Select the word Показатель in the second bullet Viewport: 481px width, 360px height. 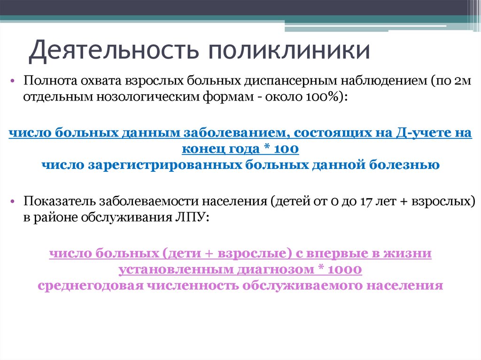(x=62, y=201)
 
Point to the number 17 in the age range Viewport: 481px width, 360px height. (x=367, y=201)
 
